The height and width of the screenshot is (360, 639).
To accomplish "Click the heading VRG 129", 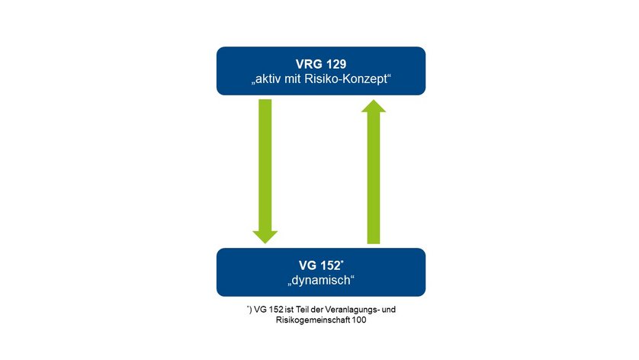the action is [x=321, y=64].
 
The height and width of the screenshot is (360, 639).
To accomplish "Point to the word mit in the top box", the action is [x=293, y=79].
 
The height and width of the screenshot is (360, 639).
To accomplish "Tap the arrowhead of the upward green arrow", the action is [x=374, y=106].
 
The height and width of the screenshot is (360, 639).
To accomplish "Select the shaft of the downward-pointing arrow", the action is [x=265, y=165].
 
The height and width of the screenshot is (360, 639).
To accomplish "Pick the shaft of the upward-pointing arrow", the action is [x=374, y=178].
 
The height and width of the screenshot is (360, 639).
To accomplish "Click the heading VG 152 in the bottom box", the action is [x=319, y=265].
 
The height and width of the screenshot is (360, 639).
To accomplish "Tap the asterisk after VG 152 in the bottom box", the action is [x=342, y=262].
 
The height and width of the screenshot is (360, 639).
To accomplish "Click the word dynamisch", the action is [x=321, y=281].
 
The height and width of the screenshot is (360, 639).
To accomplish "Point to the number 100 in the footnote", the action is [x=359, y=320].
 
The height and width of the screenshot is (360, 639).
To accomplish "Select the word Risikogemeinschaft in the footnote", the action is [x=313, y=320].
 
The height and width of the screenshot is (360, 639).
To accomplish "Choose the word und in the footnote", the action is [x=389, y=310].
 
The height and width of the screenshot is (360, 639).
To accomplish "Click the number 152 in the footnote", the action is [x=276, y=310].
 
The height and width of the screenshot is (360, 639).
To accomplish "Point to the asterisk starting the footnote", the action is [x=248, y=306].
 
